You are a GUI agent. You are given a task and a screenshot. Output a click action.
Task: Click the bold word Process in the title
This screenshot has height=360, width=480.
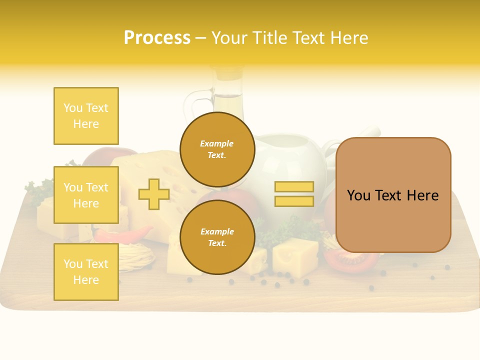[157, 38]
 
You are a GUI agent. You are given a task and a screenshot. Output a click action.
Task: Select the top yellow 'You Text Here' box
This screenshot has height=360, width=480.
[86, 116]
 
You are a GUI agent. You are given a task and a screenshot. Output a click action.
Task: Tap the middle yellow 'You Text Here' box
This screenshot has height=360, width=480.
[86, 195]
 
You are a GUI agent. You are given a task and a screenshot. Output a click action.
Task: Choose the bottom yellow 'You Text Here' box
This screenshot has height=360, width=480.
[86, 272]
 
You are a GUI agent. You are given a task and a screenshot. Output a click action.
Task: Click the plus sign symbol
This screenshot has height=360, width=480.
[154, 194]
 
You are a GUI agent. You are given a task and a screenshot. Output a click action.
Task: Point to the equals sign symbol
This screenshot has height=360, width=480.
[294, 194]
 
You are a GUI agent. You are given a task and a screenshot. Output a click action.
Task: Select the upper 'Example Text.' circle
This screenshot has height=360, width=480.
[217, 149]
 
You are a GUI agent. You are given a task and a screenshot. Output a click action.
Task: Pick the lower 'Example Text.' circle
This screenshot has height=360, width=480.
[217, 237]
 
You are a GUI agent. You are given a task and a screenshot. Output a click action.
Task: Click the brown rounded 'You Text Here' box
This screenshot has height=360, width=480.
[393, 195]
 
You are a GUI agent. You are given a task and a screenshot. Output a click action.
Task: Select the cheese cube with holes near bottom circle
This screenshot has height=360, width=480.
[295, 257]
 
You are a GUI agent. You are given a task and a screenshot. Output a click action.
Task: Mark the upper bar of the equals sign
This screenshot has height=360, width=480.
[294, 186]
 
